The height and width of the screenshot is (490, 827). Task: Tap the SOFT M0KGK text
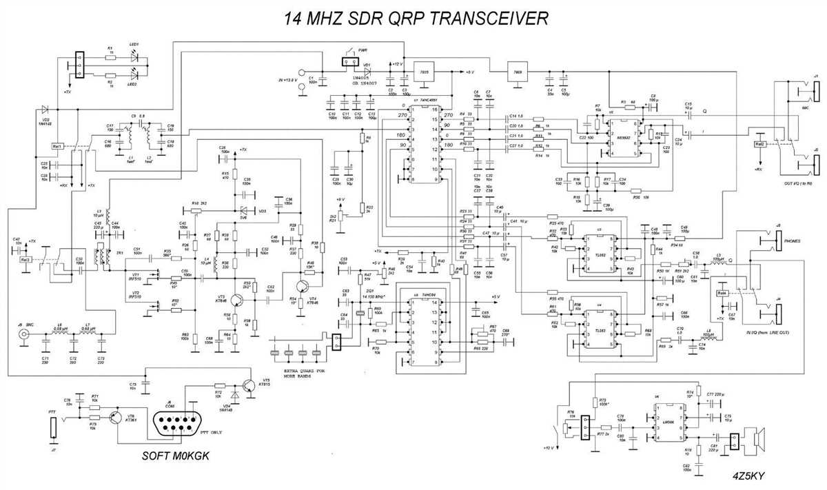(x=176, y=456)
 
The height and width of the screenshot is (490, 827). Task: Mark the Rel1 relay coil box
(x=58, y=147)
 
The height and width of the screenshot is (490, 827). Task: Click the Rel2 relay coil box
(x=760, y=144)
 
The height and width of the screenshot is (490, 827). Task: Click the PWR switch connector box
(x=350, y=62)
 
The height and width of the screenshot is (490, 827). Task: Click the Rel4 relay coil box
(x=722, y=293)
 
